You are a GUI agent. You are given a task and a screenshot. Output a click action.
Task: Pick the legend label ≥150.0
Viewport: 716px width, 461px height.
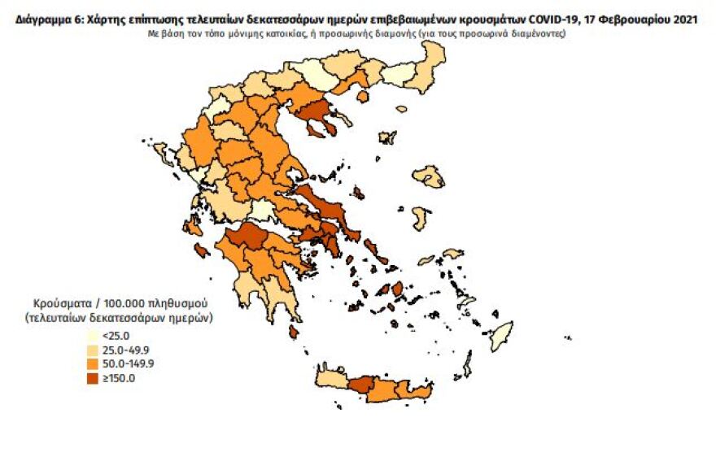[119, 378]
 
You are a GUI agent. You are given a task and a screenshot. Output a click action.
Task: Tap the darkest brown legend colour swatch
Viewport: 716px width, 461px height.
[93, 378]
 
